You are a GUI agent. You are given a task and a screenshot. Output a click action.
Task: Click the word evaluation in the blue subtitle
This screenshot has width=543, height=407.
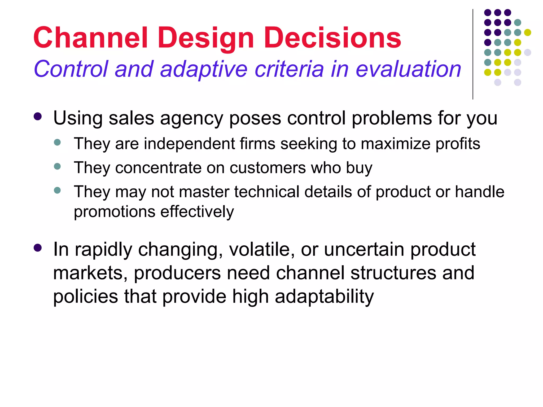408,69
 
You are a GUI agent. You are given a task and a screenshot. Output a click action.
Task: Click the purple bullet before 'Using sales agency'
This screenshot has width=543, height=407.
38,117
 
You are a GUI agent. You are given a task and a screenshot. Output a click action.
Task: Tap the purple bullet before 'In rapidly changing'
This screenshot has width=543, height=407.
38,248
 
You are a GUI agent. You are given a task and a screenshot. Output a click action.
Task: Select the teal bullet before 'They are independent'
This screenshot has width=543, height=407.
57,142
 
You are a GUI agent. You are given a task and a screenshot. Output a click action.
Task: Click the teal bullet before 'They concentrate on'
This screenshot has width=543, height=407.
57,166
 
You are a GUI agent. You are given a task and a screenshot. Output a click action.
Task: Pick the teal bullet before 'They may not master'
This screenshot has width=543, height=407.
57,190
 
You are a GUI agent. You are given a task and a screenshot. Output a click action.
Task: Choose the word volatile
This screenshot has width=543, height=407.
262,249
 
